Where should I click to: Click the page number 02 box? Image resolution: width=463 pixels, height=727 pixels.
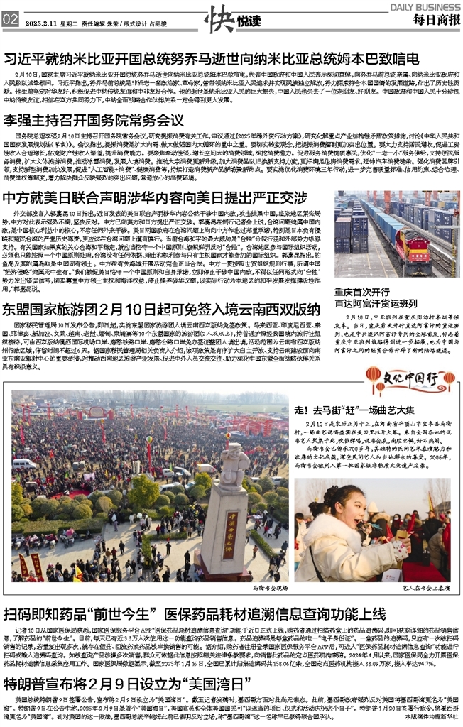point(10,20)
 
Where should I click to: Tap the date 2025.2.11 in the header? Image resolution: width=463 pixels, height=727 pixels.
point(40,23)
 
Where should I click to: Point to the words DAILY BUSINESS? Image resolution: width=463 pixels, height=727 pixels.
point(424,6)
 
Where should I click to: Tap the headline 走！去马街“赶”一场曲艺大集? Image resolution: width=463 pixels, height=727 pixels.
point(354,410)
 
